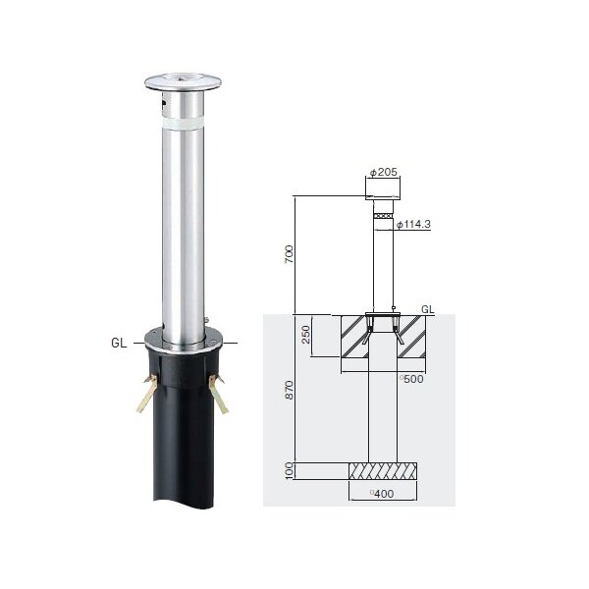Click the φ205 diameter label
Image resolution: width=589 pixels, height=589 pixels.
tap(384, 172)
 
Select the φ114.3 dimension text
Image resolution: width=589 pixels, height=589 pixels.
tap(414, 224)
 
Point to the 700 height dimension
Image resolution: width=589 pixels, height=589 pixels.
tap(289, 254)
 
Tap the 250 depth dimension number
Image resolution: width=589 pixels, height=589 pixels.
tap(306, 335)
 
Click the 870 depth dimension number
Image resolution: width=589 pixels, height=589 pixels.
tap(289, 390)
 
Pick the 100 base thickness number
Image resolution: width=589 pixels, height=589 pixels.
tap(289, 471)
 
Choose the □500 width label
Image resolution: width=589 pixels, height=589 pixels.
tap(411, 379)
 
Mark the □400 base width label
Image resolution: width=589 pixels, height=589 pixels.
tap(382, 494)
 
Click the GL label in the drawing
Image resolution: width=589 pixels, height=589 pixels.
tap(427, 309)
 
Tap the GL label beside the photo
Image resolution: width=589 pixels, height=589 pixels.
tap(119, 343)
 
